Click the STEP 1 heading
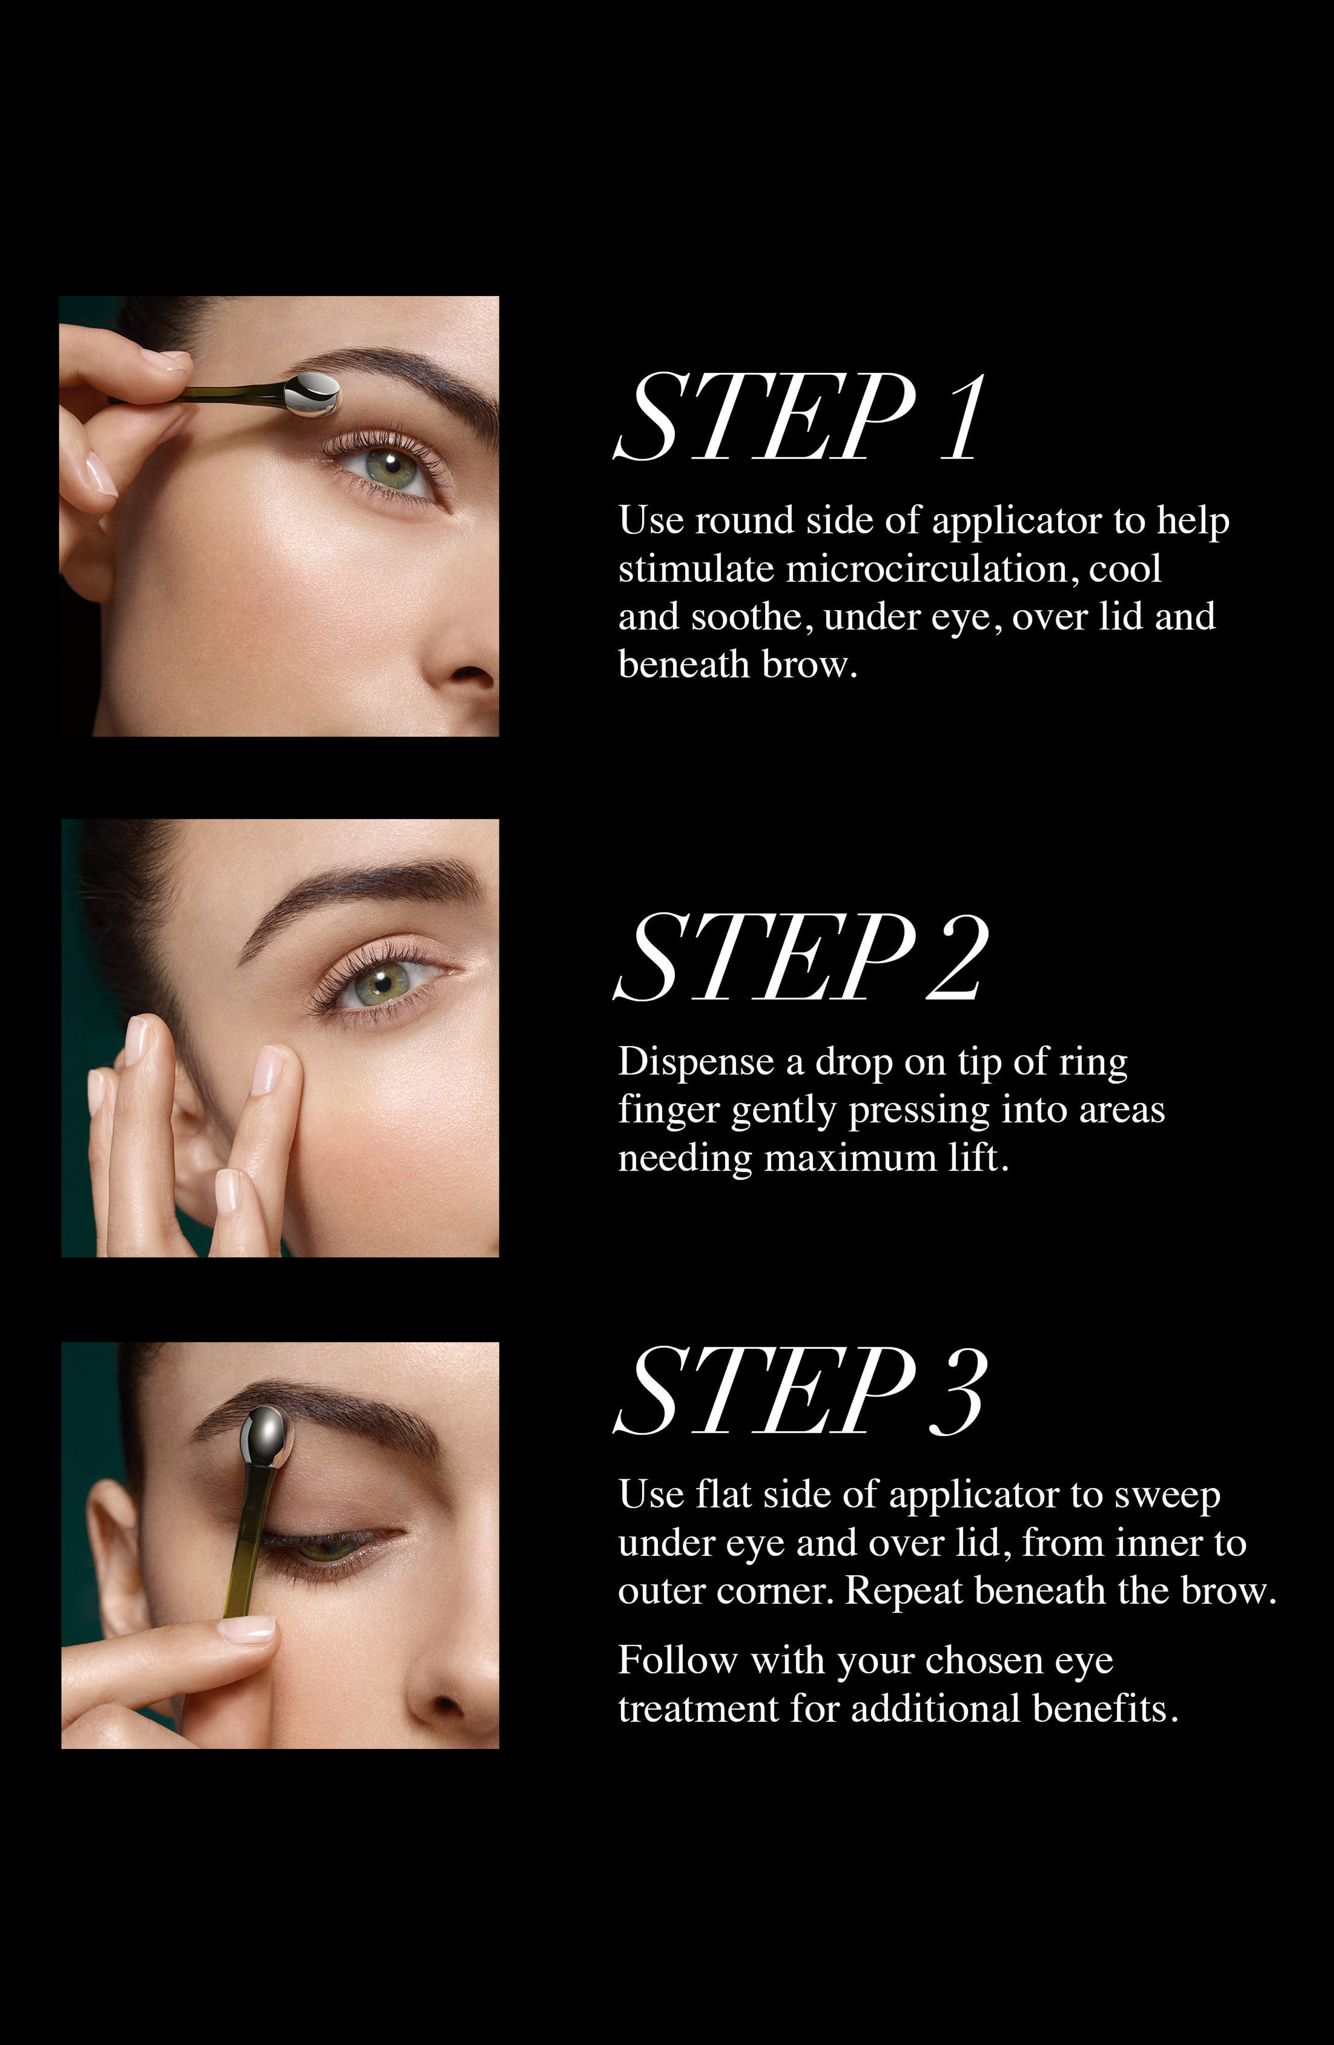(x=798, y=418)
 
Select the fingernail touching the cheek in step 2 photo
(x=268, y=1069)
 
